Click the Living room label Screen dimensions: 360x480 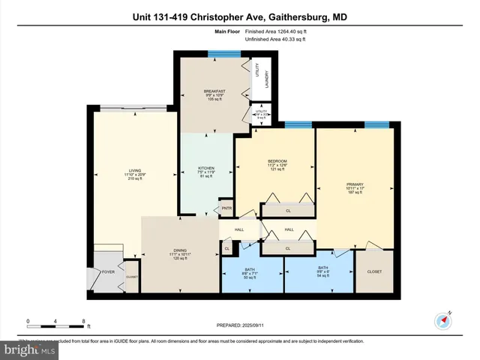(x=135, y=170)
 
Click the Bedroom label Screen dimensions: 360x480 (x=277, y=160)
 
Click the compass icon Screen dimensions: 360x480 (x=442, y=321)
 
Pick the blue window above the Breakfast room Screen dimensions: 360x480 (x=219, y=52)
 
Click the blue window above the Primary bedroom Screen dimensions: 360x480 (x=375, y=124)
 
